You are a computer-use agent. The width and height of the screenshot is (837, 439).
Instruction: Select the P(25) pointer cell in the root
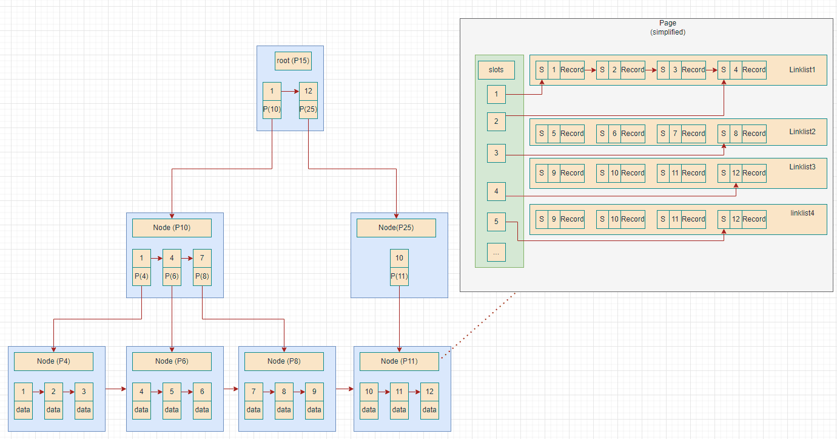click(x=308, y=109)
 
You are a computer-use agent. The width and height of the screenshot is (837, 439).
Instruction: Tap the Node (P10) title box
click(x=172, y=228)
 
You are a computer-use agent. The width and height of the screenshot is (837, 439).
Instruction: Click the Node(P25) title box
click(x=396, y=228)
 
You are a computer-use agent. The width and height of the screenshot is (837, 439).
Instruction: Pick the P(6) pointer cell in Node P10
click(x=172, y=276)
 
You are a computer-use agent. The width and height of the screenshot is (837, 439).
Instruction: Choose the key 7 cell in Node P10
click(x=202, y=258)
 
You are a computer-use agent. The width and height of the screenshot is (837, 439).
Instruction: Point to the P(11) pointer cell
click(x=399, y=276)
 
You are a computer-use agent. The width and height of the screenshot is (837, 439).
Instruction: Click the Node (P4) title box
click(x=53, y=361)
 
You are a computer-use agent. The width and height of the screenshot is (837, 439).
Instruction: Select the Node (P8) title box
click(x=284, y=361)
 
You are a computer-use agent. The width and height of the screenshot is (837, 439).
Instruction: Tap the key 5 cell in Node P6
click(x=172, y=392)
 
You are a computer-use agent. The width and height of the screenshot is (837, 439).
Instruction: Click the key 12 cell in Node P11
click(x=429, y=392)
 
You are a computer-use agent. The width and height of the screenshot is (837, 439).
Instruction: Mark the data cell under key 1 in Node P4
click(x=23, y=410)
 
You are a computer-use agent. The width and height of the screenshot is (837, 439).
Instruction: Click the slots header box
click(x=496, y=70)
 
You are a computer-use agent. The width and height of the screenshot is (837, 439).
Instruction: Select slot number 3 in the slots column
click(x=496, y=153)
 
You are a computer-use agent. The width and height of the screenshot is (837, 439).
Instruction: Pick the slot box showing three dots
click(x=496, y=252)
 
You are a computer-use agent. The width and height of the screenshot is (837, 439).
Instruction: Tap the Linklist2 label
click(x=802, y=132)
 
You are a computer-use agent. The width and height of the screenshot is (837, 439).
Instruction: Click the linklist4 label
click(x=802, y=213)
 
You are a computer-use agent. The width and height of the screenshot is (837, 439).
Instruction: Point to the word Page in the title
click(x=667, y=23)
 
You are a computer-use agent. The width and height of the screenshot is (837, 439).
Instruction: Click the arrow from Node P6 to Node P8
click(x=230, y=389)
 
